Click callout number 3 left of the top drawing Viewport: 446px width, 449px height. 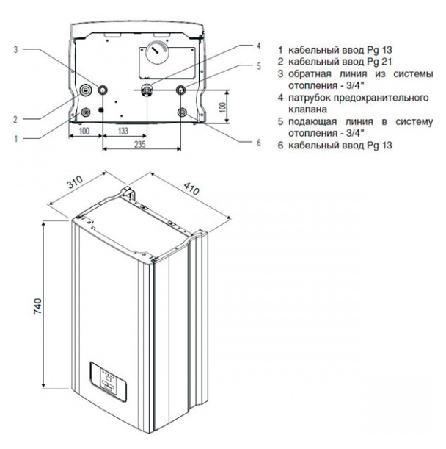click(x=16, y=50)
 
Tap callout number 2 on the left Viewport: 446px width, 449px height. click(x=15, y=118)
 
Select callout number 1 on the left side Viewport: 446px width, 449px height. click(x=15, y=136)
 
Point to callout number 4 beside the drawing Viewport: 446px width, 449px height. click(x=258, y=45)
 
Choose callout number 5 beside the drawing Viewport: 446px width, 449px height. click(x=258, y=65)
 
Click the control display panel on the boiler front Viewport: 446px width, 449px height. click(x=108, y=377)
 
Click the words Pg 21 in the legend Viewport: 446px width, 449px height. click(x=361, y=61)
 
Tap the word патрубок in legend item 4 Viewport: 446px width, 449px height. click(x=310, y=97)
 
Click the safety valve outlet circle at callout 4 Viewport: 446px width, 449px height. click(x=146, y=91)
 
